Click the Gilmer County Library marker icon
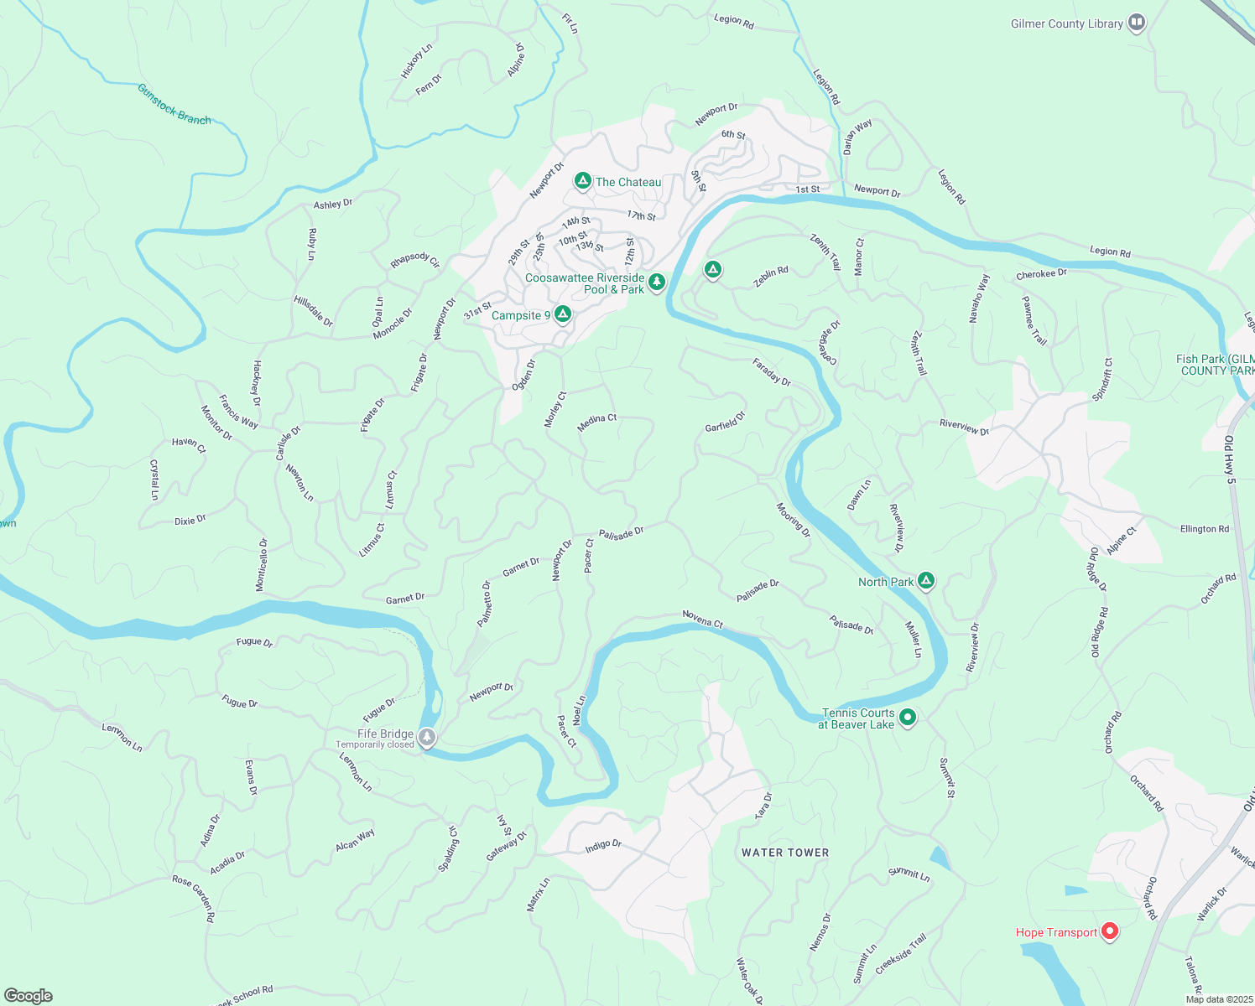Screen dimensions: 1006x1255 point(1137,23)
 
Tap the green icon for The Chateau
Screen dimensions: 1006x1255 point(582,181)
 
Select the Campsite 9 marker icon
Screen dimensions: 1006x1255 point(563,314)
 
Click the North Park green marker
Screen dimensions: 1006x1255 point(926,581)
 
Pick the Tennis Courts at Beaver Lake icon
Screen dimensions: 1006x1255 point(907,718)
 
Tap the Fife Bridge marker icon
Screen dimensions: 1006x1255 point(428,738)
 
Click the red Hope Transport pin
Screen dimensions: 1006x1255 point(1110,931)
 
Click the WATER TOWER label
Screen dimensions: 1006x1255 point(785,853)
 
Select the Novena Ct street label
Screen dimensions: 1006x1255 point(702,619)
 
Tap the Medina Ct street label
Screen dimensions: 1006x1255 point(596,423)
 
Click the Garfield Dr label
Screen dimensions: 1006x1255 point(725,422)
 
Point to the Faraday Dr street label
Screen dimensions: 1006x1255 point(772,371)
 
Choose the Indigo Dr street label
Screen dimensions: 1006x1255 point(603,846)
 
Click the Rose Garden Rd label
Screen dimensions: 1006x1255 point(194,898)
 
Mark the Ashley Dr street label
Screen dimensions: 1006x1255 point(333,204)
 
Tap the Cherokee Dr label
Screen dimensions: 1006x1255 point(1041,274)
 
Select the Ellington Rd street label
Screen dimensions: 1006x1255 point(1204,529)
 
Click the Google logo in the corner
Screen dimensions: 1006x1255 point(28,995)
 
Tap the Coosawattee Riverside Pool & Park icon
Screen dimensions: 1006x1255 point(657,283)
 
